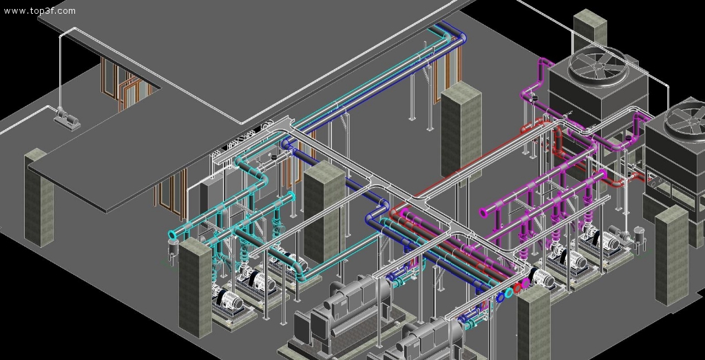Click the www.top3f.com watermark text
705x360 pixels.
[x=39, y=11]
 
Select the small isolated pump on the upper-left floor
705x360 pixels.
[x=67, y=119]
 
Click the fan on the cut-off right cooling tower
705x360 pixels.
[x=686, y=118]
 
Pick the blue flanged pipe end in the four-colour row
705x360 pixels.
[x=501, y=297]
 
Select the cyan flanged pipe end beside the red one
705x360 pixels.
[x=509, y=293]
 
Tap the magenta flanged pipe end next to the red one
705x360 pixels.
[x=525, y=283]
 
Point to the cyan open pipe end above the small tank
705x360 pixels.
[x=173, y=235]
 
